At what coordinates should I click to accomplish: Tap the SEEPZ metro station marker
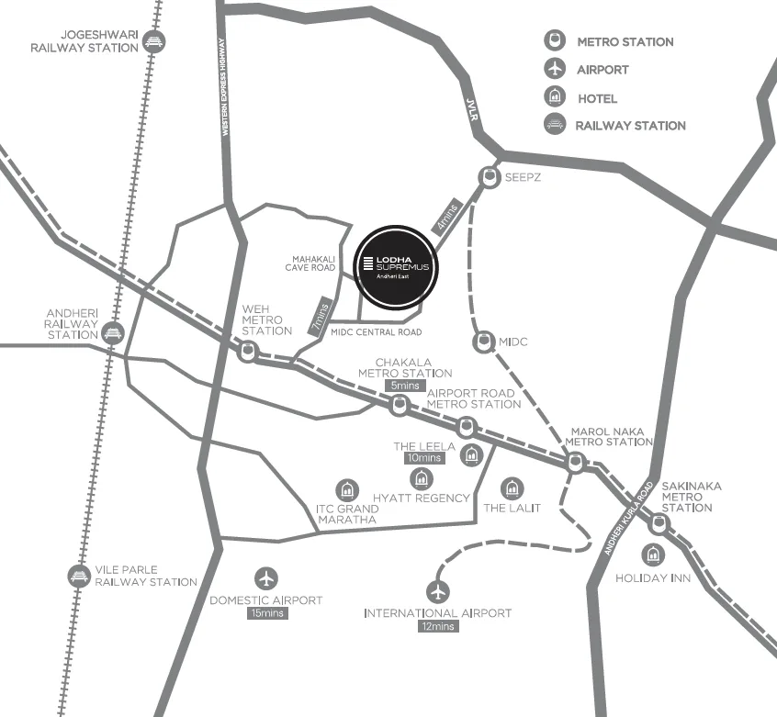point(489,176)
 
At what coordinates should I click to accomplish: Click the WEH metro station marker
point(248,351)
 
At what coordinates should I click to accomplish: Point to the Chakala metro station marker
point(398,404)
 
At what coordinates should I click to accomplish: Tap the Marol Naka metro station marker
point(575,464)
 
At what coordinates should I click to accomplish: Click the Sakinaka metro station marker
point(659,524)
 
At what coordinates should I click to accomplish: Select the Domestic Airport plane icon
point(266,578)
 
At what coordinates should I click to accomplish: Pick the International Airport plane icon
point(438,590)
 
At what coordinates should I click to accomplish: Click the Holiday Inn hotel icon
point(653,555)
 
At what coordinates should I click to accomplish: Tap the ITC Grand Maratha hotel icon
point(347,489)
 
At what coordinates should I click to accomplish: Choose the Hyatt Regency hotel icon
point(421,477)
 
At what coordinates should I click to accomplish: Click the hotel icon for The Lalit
point(512,487)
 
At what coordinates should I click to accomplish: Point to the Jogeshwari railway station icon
point(156,40)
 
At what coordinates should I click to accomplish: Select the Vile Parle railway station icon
point(77,575)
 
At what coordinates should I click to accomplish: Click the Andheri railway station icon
point(113,331)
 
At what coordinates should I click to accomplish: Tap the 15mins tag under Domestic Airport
point(266,613)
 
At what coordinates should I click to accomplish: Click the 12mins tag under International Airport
point(437,626)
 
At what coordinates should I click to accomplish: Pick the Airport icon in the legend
point(553,69)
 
